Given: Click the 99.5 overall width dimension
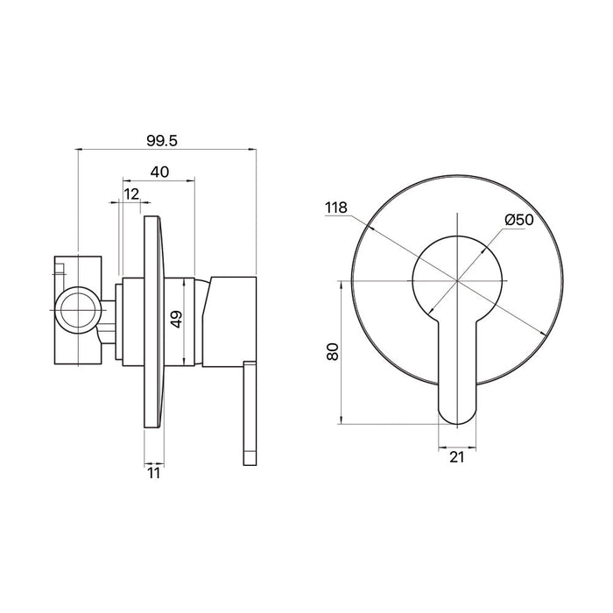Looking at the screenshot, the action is click(x=162, y=140).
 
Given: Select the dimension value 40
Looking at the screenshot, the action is click(x=159, y=172).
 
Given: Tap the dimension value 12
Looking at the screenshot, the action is click(x=131, y=194).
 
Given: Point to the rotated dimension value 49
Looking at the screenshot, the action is click(x=177, y=319).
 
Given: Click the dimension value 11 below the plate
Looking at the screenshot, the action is click(x=154, y=474).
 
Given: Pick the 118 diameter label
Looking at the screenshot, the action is click(x=336, y=208).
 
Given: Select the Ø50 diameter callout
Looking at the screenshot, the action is click(x=518, y=220).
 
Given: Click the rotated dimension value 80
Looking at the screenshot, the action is click(x=332, y=351).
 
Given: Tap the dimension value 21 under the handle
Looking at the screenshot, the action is click(x=456, y=457).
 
